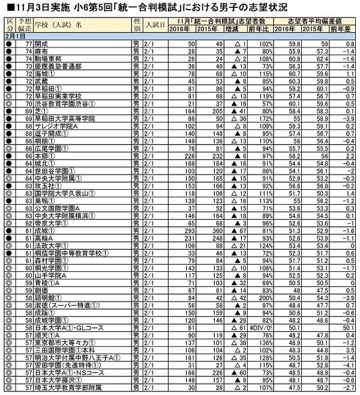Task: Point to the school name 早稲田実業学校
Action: coord(56,95)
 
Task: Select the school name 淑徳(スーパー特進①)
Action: coord(66,305)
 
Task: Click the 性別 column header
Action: coord(137,25)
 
